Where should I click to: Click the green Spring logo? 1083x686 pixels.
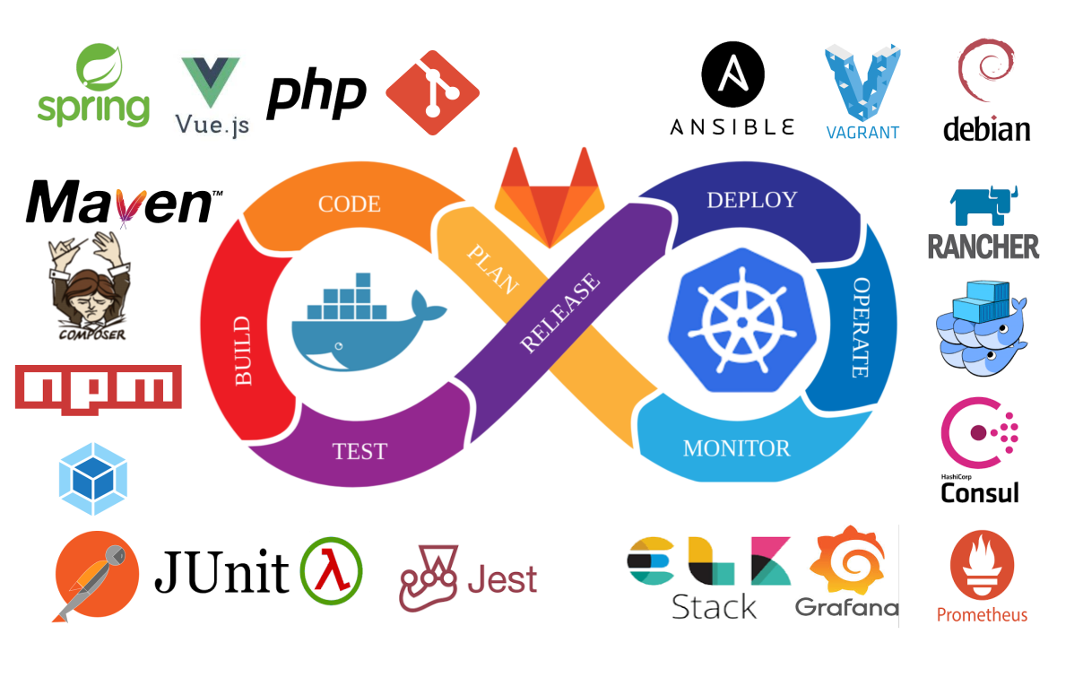point(93,86)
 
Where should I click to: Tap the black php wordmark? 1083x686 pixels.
point(316,94)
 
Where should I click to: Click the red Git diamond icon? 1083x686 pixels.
point(432,93)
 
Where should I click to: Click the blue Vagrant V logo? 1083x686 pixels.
point(862,82)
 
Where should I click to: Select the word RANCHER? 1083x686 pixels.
point(983,247)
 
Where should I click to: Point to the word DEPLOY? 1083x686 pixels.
point(751,200)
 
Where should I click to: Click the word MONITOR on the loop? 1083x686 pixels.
point(737,447)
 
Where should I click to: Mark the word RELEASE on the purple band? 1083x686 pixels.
point(560,313)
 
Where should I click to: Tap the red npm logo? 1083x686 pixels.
point(99,387)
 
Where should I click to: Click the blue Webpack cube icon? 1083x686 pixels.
point(92,479)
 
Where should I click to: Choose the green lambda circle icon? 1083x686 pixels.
point(332,570)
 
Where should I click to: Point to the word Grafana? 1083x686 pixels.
point(846,608)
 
